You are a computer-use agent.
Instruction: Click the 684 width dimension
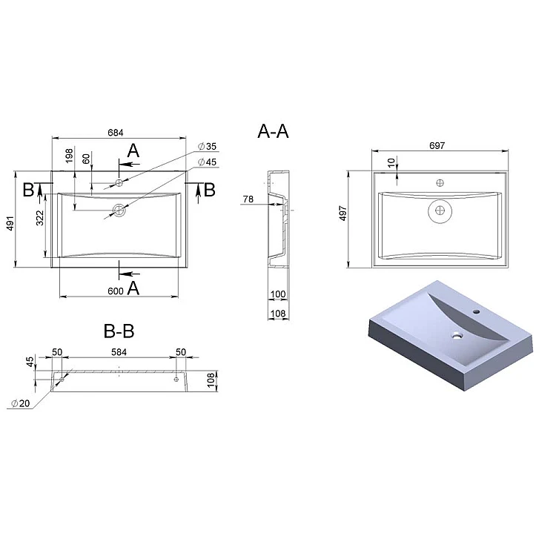point(116,133)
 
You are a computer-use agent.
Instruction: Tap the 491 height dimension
point(10,223)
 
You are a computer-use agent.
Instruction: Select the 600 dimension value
point(116,291)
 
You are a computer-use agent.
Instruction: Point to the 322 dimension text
point(40,218)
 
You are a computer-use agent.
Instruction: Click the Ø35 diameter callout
point(207,146)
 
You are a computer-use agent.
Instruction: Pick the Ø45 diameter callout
point(207,162)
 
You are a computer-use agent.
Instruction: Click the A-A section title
point(273,131)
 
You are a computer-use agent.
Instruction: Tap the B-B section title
point(119,331)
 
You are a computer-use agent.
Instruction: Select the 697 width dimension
point(437,145)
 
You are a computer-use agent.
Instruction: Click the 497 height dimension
point(343,214)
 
